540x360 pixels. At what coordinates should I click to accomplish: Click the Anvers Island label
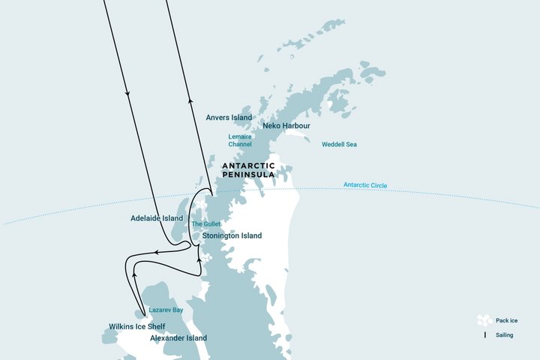(228, 118)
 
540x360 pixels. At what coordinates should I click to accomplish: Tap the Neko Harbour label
(286, 126)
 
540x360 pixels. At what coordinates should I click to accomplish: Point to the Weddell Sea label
(339, 144)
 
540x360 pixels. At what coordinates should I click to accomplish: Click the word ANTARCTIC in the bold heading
(248, 165)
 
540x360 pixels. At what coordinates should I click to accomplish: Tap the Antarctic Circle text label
(365, 185)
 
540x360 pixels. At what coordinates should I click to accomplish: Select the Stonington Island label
(232, 235)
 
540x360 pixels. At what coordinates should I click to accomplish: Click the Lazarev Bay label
(166, 310)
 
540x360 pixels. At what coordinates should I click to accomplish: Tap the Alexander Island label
(178, 338)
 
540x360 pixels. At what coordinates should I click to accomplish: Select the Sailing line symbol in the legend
(484, 334)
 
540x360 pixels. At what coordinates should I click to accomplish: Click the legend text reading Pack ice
(507, 321)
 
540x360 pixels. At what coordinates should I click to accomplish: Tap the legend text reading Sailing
(504, 335)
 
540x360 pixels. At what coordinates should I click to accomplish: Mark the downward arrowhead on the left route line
(128, 94)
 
